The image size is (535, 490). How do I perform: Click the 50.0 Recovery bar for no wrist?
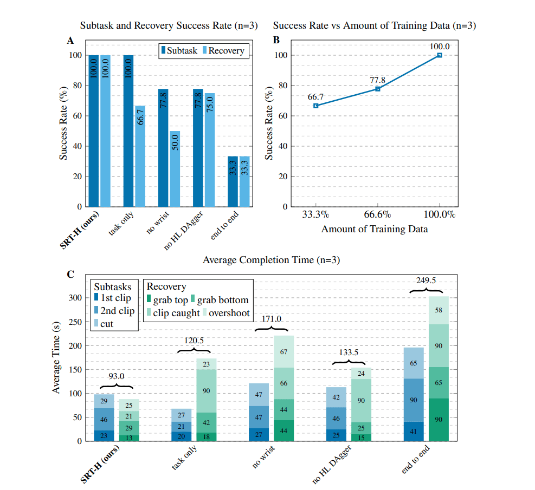[175, 169]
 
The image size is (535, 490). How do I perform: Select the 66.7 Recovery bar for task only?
[140, 156]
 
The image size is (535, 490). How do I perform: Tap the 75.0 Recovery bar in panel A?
[210, 150]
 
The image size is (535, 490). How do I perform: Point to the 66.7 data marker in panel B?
[316, 106]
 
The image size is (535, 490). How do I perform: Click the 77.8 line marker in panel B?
[378, 89]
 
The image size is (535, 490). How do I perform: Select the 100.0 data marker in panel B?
[440, 55]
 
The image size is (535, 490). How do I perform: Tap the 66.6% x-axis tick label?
[377, 214]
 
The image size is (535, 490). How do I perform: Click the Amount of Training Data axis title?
[375, 229]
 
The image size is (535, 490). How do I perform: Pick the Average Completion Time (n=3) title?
[271, 260]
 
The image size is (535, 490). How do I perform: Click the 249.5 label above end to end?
[426, 280]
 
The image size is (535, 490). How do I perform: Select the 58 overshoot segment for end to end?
[439, 310]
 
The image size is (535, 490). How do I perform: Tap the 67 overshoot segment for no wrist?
[283, 352]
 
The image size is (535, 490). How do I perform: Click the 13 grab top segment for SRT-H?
[128, 438]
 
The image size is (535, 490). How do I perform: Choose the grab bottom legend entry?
[220, 300]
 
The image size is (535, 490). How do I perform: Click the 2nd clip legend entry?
[115, 311]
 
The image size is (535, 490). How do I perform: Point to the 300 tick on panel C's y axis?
[75, 298]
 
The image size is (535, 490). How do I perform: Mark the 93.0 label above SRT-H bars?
[117, 376]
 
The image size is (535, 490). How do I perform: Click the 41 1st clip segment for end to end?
[414, 432]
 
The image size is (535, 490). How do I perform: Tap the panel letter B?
[276, 40]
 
